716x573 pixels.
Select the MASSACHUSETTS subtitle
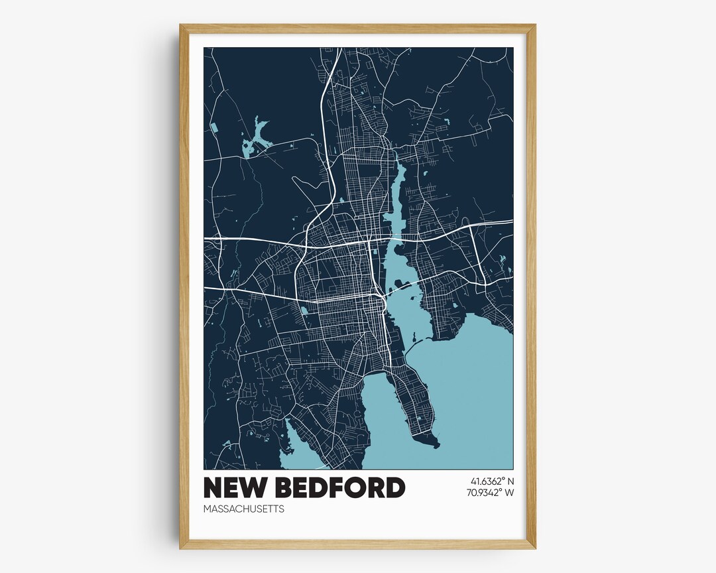(x=244, y=509)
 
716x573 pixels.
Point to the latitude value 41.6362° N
(x=493, y=481)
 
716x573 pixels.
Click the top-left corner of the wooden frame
(x=181, y=26)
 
